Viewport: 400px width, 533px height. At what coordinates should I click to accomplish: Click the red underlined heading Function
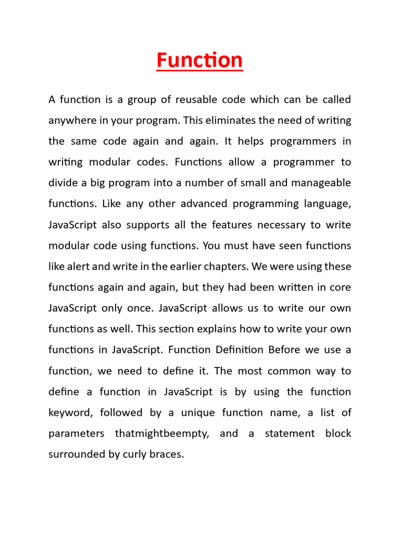[x=199, y=60]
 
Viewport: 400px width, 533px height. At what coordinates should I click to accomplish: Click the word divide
[x=63, y=183]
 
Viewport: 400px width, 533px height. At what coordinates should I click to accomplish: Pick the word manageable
[x=323, y=183]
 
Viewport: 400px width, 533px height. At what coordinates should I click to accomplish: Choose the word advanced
[x=197, y=204]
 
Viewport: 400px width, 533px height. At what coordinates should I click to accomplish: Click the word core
[x=341, y=287]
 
